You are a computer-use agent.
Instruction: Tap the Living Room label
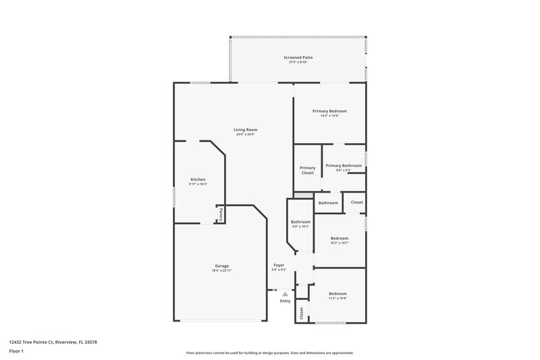point(246,130)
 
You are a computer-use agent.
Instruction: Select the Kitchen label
point(198,180)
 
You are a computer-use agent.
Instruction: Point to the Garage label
point(222,265)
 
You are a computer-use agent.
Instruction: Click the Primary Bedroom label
point(329,111)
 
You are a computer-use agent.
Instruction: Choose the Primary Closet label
point(308,170)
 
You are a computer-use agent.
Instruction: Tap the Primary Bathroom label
point(344,165)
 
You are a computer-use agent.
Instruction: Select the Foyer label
point(279,265)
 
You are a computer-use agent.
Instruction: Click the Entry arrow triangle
point(285,294)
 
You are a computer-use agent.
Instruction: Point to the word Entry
point(285,301)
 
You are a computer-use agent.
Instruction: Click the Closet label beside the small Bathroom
point(356,203)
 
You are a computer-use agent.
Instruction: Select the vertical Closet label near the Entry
point(302,312)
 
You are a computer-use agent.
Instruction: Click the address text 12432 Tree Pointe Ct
point(53,342)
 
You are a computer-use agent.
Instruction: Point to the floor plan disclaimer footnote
point(270,353)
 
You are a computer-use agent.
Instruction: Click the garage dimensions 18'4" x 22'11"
point(222,270)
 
